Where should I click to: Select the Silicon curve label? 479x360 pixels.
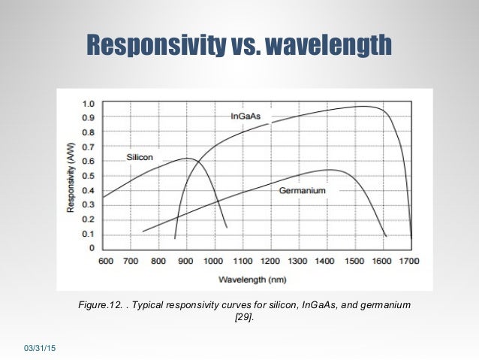[x=140, y=158]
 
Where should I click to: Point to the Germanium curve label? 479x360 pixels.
[x=303, y=191]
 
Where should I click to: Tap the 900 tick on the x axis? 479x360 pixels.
[x=187, y=262]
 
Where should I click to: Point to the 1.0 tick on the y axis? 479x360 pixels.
[x=89, y=104]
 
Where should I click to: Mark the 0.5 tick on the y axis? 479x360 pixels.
[x=89, y=176]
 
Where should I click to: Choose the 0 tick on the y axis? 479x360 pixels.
[x=92, y=248]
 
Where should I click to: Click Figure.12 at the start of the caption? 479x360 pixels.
[x=101, y=305]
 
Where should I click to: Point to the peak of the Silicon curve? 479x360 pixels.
[x=186, y=159]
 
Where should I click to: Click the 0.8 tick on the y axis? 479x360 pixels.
[x=89, y=132]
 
